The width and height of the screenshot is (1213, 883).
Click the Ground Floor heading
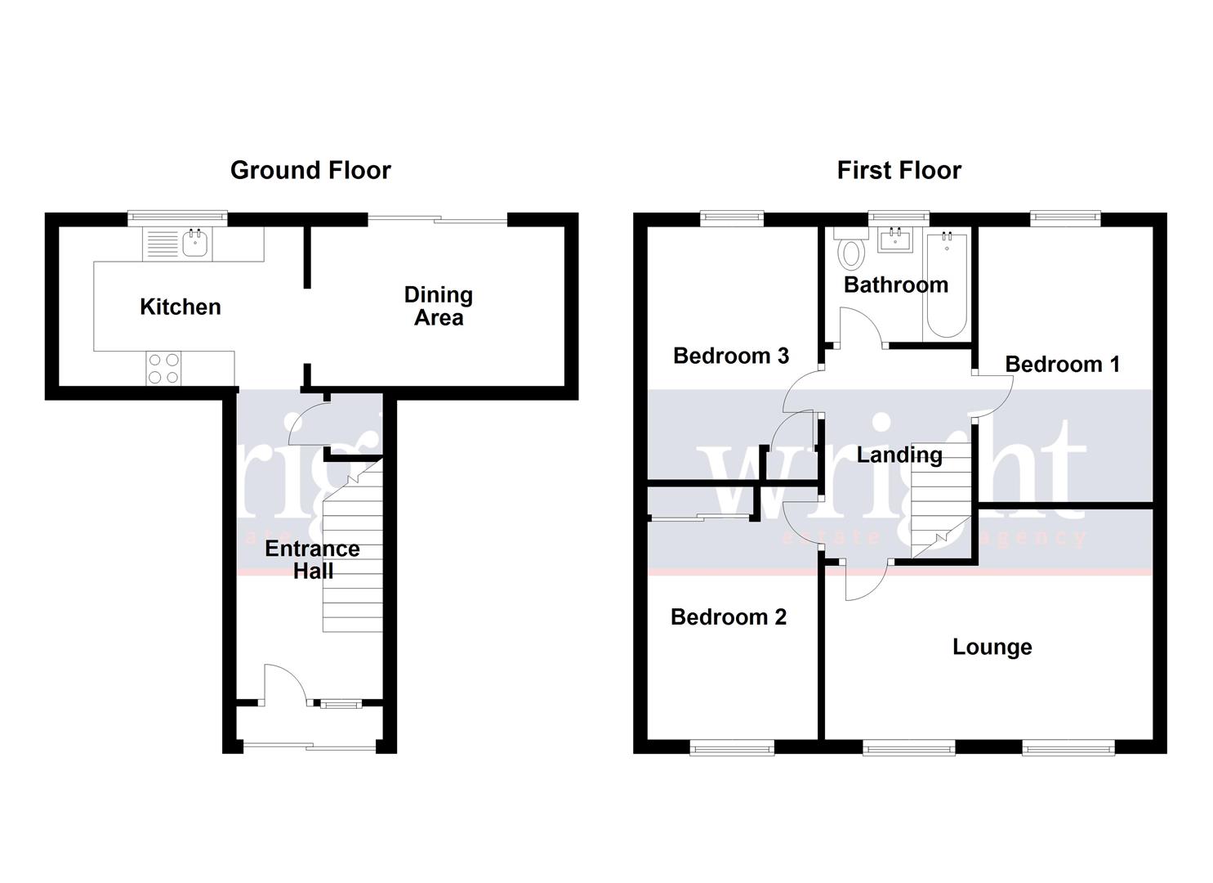coord(310,170)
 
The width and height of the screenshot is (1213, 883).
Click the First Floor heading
coord(899,170)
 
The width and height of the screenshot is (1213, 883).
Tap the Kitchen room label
coord(181,307)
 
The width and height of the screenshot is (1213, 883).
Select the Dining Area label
coord(439,306)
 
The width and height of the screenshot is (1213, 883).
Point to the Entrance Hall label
coord(313,559)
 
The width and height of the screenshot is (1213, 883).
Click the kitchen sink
coord(195,243)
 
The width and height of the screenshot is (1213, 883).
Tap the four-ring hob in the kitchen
coord(163,368)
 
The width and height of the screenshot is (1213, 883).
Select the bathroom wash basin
coord(896,240)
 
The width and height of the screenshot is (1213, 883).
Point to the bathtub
coord(948,286)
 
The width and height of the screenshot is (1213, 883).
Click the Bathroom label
coord(896,285)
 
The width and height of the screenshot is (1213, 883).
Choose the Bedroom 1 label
coord(1062,364)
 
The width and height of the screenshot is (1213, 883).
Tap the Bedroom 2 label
coord(728,616)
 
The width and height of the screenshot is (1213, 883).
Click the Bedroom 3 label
coord(731,356)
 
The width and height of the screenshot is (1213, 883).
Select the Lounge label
coord(992,647)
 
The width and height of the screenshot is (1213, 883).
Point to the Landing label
coord(899,455)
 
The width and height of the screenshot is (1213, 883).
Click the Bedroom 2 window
coord(732,746)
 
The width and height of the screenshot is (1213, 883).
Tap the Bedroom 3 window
coord(732,217)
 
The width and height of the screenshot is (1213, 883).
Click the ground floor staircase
coord(353,556)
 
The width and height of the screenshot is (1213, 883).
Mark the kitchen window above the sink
coord(176,217)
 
